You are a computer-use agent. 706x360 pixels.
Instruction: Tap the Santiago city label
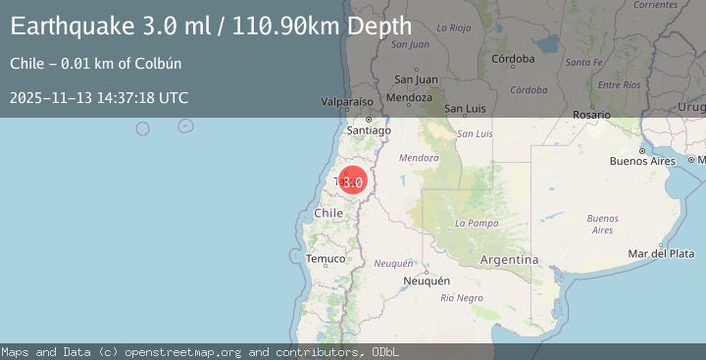[x=370, y=129]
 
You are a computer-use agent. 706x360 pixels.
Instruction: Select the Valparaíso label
[x=348, y=101]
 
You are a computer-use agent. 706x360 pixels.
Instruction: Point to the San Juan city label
[x=416, y=79]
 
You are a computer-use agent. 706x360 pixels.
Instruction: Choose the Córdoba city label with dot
[x=515, y=59]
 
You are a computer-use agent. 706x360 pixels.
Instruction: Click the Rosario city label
[x=591, y=115]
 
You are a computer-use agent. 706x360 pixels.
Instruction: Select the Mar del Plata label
[x=661, y=254]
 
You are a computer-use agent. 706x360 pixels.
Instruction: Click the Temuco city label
[x=326, y=259]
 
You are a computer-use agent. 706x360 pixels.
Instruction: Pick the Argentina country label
[x=510, y=260]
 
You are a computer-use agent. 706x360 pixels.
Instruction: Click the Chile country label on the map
[x=328, y=213]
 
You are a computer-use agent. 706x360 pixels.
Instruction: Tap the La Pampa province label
[x=478, y=224]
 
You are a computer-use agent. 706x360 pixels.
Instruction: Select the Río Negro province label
[x=462, y=297]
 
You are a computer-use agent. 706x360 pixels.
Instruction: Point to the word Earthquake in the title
[x=70, y=27]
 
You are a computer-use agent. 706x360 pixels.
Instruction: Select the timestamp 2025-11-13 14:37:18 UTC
[x=99, y=97]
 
